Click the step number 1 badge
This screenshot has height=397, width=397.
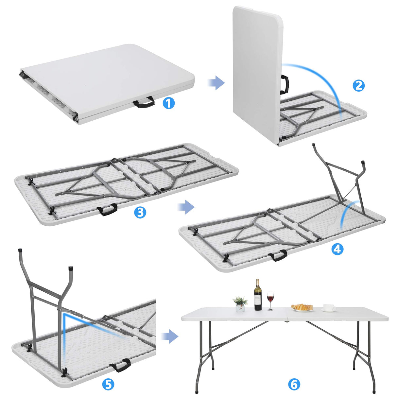[169, 103]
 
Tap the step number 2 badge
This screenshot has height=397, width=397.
[359, 86]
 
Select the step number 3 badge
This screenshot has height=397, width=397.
[140, 213]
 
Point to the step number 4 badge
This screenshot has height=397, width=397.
[337, 250]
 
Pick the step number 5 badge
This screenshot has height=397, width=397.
[108, 384]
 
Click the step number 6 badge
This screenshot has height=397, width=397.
[294, 384]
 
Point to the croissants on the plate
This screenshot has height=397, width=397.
[302, 307]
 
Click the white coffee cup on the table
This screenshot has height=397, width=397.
[328, 308]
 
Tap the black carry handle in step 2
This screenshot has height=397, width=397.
[285, 84]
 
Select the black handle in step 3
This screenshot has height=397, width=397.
[108, 210]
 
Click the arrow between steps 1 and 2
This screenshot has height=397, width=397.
[216, 83]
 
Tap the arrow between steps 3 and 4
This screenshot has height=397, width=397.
[186, 207]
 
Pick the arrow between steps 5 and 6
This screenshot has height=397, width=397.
[170, 337]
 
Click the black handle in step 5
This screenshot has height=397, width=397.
[121, 365]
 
